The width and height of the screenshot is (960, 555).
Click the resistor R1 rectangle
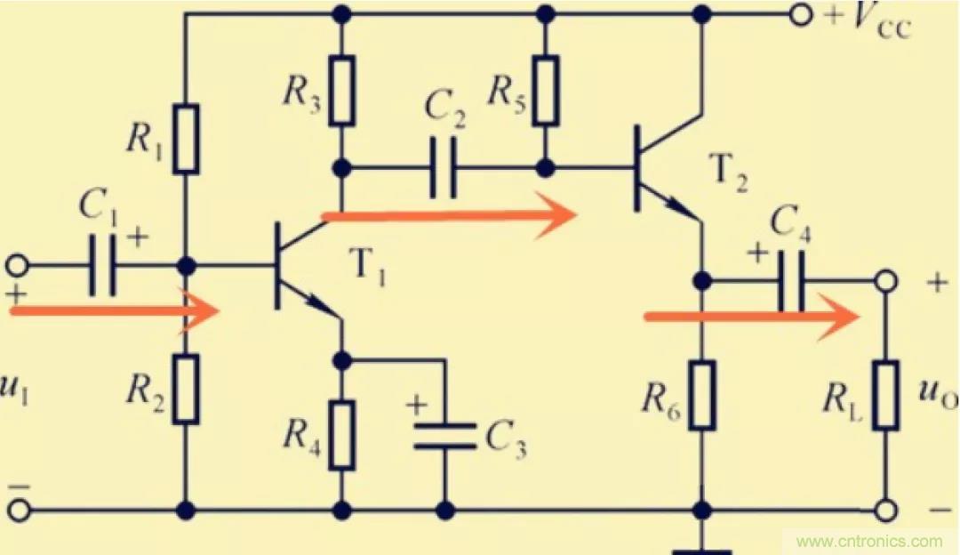[186, 137]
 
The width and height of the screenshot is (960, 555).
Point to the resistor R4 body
[341, 434]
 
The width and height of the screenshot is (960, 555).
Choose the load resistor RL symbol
[885, 395]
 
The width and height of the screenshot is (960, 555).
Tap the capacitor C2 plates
[444, 166]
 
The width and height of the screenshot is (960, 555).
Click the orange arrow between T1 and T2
[449, 214]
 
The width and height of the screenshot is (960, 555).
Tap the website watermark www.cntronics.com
[869, 540]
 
